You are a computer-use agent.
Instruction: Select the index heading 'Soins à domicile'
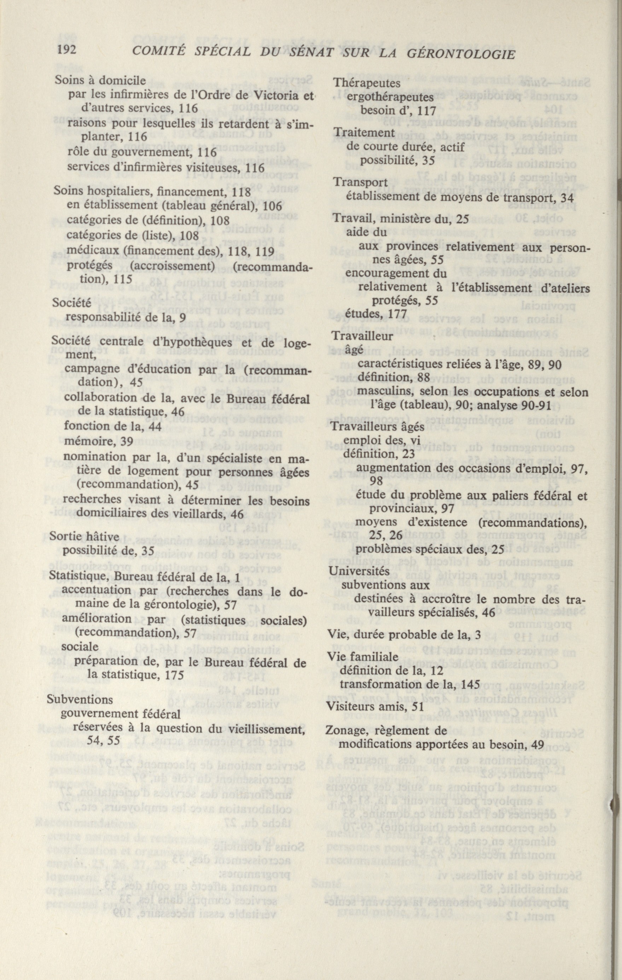(100, 81)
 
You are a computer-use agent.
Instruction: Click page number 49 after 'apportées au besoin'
(538, 745)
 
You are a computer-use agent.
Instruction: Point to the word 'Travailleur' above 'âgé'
(362, 337)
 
